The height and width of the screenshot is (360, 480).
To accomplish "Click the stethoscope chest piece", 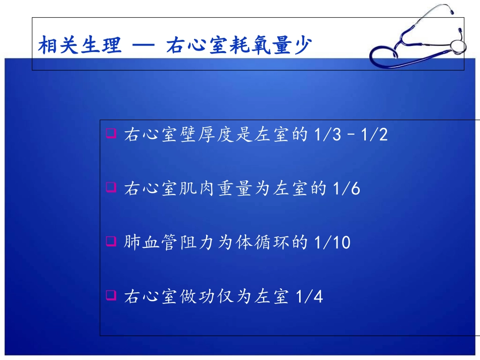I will (x=457, y=46).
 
